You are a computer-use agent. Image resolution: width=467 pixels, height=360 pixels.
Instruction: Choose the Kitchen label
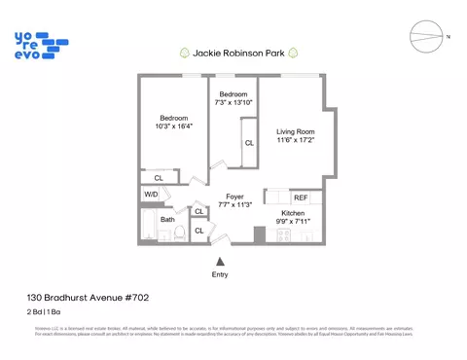293,212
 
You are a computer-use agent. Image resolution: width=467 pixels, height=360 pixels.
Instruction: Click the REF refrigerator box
301,198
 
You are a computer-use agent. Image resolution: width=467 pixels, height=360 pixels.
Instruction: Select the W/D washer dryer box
152,195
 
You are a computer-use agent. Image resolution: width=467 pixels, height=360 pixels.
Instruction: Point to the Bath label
168,219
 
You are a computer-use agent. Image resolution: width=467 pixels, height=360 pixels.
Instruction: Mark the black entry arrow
220,261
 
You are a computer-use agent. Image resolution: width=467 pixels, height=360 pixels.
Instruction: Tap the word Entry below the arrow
220,275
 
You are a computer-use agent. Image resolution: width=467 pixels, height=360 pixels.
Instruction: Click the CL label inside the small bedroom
249,143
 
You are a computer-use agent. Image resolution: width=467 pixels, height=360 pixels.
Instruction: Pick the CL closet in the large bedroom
160,177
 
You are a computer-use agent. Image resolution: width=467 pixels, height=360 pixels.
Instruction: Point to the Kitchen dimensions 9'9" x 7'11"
293,222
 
